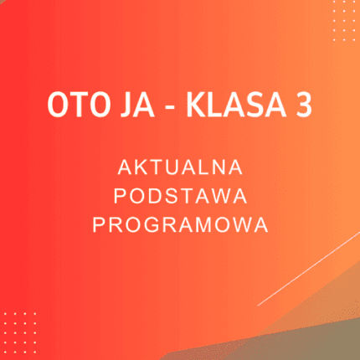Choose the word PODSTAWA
pos(180,196)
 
